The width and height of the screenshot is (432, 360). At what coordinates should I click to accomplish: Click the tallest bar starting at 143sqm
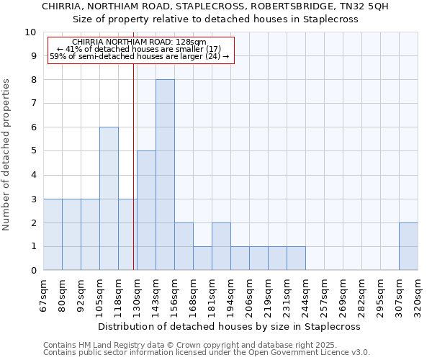point(165,175)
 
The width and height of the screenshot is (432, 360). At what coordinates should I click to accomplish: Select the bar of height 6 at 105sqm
point(109,199)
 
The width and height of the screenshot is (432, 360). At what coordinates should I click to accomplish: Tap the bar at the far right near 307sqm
point(408,246)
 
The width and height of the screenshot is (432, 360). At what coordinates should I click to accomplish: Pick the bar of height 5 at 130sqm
point(146,210)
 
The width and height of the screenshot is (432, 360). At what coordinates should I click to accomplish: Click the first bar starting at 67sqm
point(53,234)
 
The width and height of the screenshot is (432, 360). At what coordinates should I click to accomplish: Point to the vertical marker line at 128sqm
point(134,166)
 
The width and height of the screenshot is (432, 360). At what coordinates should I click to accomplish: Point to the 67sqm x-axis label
point(44,296)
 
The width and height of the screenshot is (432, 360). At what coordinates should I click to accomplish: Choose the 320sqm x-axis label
point(418,296)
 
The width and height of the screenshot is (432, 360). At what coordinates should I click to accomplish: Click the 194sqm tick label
point(231,296)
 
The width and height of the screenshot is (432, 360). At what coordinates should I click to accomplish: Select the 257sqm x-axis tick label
point(325,296)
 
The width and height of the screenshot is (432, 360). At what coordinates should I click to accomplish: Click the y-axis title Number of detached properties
point(7,155)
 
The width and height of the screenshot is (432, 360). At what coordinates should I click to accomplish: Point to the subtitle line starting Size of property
point(215,19)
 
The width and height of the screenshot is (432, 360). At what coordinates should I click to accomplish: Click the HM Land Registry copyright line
point(189,345)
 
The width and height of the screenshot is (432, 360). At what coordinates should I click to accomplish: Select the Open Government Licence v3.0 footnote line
point(207,353)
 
